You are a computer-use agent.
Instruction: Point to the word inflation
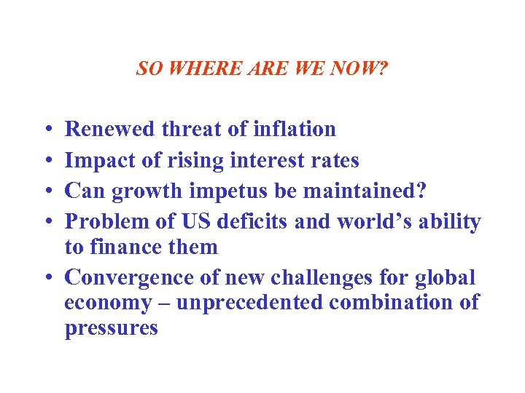pyautogui.click(x=295, y=130)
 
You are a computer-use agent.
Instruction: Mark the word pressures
pyautogui.click(x=111, y=329)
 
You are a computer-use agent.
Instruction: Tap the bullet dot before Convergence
pyautogui.click(x=47, y=278)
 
